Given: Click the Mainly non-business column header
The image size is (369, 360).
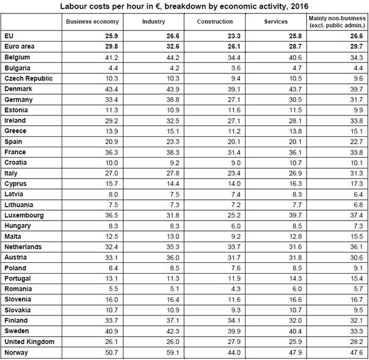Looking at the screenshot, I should (338, 21).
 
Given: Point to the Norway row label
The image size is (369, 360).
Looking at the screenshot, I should (16, 353).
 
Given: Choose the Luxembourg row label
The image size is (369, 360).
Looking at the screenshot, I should (23, 215).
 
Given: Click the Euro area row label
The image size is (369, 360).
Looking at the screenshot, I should (20, 46).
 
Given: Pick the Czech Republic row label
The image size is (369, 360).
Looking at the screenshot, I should (28, 78).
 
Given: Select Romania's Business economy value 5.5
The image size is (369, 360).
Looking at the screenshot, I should (102, 288).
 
